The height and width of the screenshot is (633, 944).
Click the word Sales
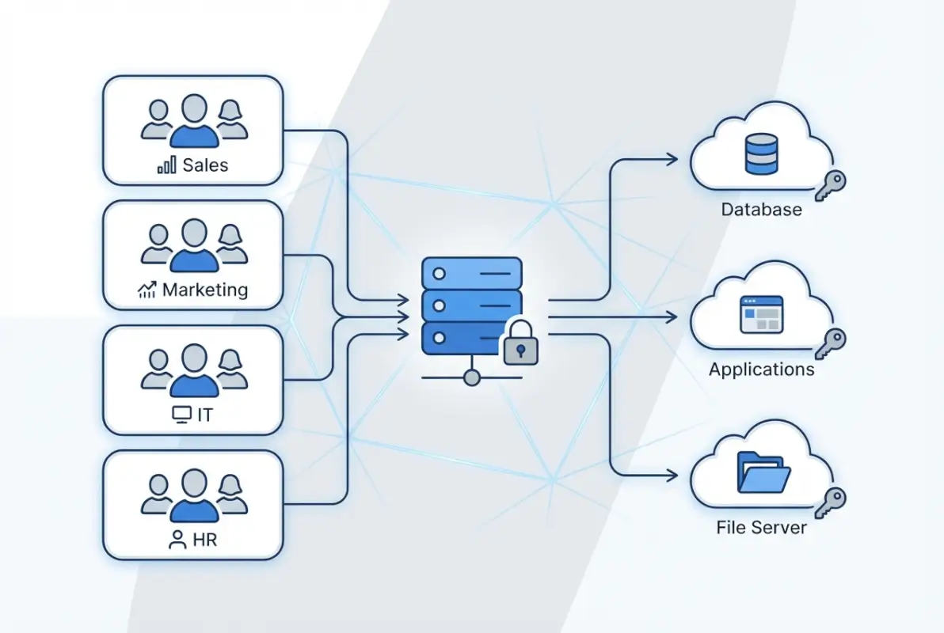coord(205,165)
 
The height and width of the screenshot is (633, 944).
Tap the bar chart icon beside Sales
coord(167,165)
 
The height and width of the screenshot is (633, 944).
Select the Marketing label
coord(205,290)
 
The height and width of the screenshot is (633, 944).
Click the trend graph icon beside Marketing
coord(147,290)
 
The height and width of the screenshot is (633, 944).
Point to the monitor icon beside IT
coord(181,414)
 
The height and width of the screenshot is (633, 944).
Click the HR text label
coord(204,540)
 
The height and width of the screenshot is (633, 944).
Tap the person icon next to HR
coord(177,540)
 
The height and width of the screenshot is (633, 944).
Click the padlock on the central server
coord(520,343)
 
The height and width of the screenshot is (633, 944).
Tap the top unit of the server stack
coord(472,273)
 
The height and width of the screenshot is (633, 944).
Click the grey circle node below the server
coord(472,377)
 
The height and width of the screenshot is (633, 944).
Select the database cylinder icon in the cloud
coord(761,154)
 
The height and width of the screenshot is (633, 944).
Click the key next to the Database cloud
coord(831,184)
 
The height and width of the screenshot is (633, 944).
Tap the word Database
coord(761,210)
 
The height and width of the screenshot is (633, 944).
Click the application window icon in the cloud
coord(761,314)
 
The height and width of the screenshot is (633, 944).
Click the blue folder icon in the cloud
coord(763,472)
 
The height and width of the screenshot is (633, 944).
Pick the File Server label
coord(761,527)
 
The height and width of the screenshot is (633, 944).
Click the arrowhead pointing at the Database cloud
coord(672,159)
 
